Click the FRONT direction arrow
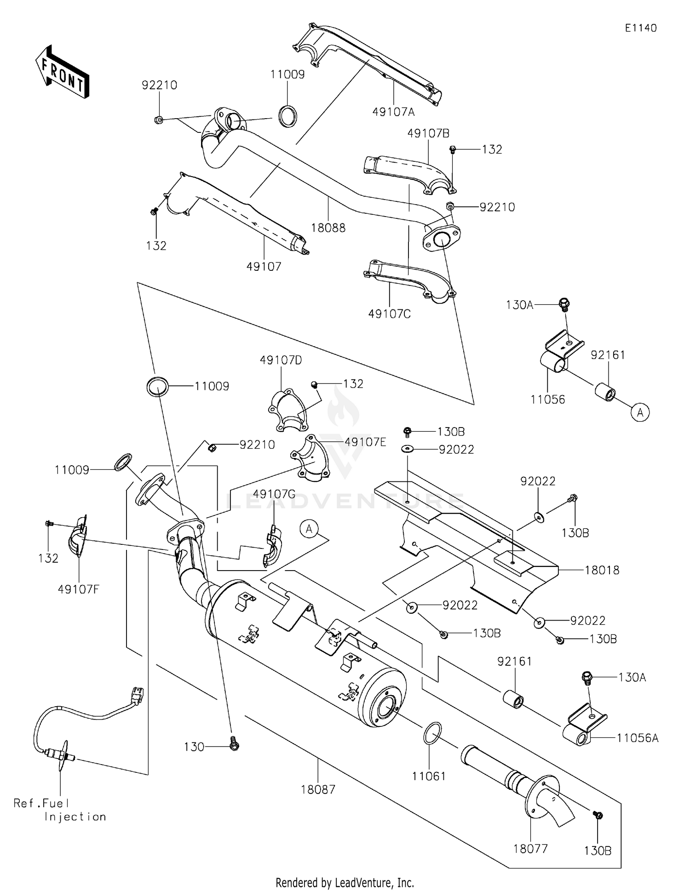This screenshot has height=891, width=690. (x=62, y=72)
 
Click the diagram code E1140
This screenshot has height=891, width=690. (x=641, y=28)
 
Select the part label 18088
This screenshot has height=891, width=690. (x=328, y=228)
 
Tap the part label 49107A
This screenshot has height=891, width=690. (x=394, y=112)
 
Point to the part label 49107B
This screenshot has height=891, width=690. (x=429, y=133)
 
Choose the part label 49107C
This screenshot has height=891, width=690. (x=390, y=314)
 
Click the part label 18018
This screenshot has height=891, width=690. (x=602, y=570)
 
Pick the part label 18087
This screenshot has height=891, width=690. (x=318, y=789)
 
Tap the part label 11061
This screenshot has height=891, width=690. (x=429, y=776)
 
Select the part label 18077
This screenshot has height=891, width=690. (x=530, y=848)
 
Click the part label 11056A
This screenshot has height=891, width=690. (x=638, y=738)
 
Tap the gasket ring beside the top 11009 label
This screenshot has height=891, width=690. (x=288, y=116)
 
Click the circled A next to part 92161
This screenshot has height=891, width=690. (x=640, y=412)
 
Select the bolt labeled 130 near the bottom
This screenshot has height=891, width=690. (x=234, y=747)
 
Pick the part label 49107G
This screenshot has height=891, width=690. (x=274, y=494)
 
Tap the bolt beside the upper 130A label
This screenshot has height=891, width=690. (x=564, y=303)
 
